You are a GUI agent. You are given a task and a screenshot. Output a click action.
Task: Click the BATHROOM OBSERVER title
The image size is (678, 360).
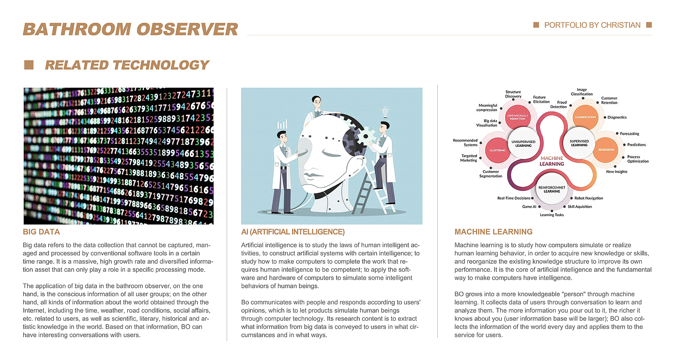130,30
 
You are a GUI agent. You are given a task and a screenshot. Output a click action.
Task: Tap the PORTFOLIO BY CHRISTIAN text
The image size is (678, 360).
592,25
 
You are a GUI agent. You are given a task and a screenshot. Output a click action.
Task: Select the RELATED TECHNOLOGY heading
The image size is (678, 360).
127,65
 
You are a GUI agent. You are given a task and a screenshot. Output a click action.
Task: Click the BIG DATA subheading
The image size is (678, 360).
41,232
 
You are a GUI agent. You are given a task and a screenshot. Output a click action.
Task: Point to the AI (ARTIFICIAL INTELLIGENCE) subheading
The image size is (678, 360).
293,232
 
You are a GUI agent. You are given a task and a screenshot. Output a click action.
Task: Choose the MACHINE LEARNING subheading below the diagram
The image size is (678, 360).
493,232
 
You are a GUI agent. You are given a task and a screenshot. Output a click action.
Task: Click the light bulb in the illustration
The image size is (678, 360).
386,111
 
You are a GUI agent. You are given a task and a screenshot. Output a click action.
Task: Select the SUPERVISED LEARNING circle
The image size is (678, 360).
579,143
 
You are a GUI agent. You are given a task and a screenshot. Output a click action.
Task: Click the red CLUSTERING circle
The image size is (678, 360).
497,150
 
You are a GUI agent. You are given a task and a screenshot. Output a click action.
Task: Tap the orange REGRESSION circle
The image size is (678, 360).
606,150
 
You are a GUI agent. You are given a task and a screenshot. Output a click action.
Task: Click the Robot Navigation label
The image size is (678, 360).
588,198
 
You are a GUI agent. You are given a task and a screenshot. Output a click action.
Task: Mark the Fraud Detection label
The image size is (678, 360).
562,104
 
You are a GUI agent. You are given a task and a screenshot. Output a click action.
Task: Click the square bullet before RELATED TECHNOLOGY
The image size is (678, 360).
29,65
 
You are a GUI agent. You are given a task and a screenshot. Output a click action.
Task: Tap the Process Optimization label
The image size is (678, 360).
638,159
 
